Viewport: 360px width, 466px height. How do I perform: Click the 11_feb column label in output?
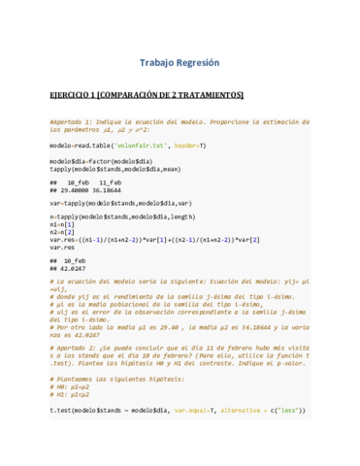tap(110, 183)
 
